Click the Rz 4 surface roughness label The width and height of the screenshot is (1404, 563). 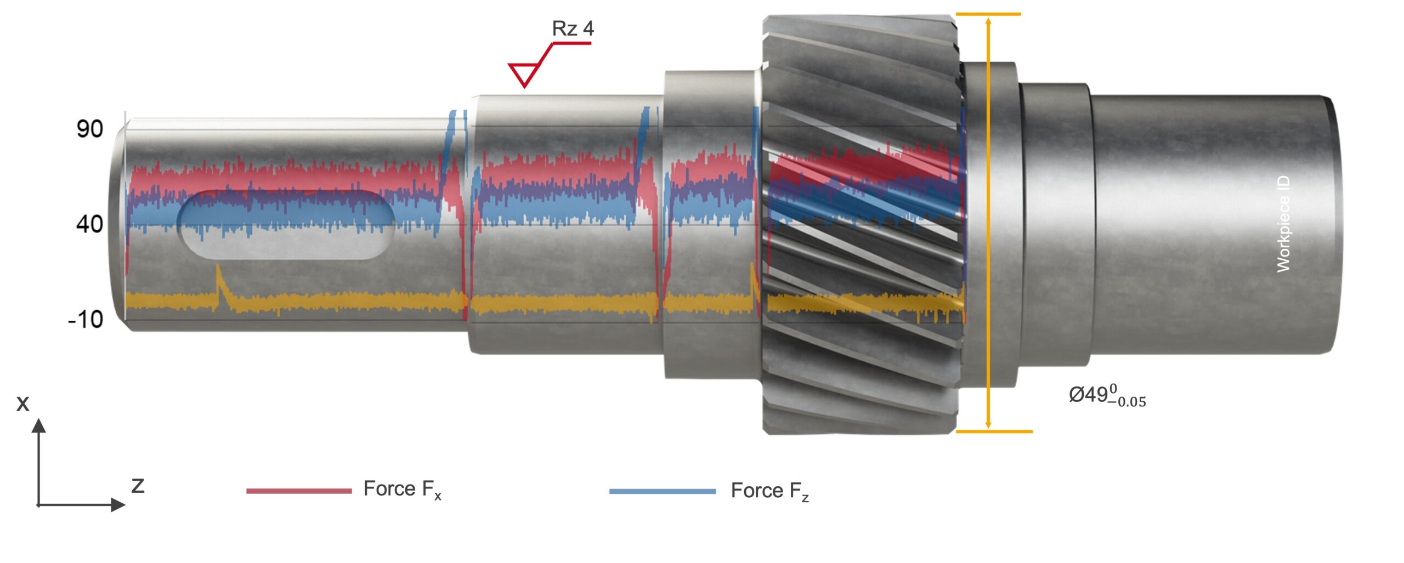tap(573, 29)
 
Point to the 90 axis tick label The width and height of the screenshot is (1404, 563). tap(90, 129)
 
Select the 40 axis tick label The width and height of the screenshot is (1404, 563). tap(90, 224)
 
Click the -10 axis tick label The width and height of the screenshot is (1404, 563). tap(86, 319)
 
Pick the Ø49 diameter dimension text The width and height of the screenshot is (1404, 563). tap(1107, 395)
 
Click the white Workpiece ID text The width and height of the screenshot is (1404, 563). tap(1283, 224)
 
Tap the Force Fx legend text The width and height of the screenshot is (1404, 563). tap(402, 489)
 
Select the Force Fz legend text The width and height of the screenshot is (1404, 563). tap(769, 491)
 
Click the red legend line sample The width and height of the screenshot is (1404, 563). tap(299, 491)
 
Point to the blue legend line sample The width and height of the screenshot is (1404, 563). tap(663, 491)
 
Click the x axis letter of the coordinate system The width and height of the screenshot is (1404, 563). tap(22, 403)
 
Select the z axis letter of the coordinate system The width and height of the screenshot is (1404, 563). tap(138, 485)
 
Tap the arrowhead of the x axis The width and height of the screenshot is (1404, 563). tap(38, 425)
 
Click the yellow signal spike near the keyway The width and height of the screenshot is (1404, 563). tap(218, 273)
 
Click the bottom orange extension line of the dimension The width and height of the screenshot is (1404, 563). tap(994, 431)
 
